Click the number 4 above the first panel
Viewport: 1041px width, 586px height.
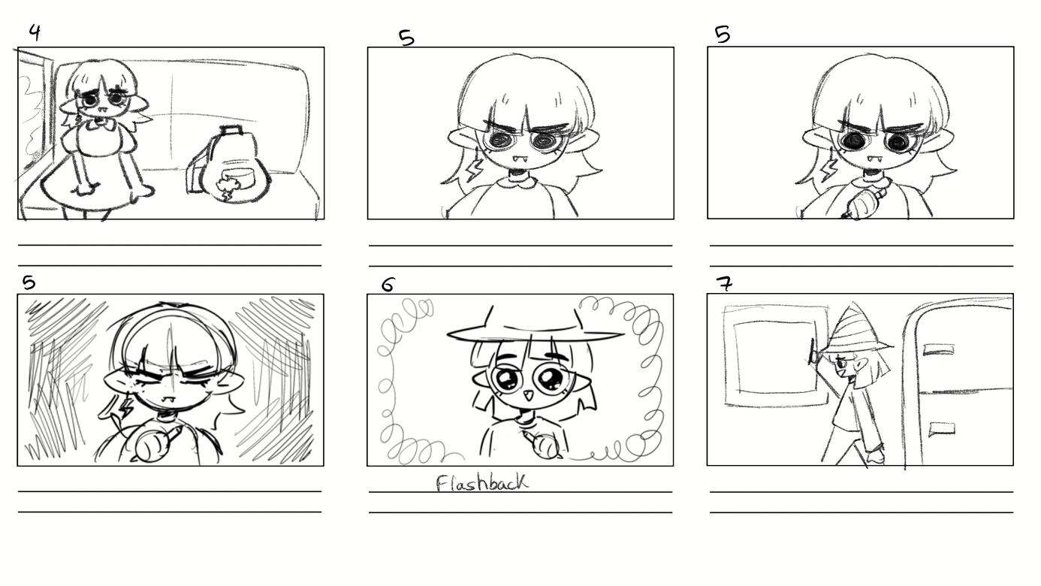pyautogui.click(x=35, y=32)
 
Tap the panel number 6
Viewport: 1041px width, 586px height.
pyautogui.click(x=388, y=285)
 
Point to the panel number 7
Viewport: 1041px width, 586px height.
pyautogui.click(x=724, y=283)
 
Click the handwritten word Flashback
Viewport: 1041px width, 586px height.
pyautogui.click(x=482, y=483)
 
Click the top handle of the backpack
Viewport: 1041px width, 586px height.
pyautogui.click(x=231, y=130)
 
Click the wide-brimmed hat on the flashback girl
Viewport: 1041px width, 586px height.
pyautogui.click(x=535, y=325)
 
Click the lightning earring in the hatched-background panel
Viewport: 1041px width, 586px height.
pyautogui.click(x=126, y=406)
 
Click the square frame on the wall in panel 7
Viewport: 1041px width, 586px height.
pyautogui.click(x=776, y=356)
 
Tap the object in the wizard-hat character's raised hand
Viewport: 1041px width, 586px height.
pyautogui.click(x=813, y=351)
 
